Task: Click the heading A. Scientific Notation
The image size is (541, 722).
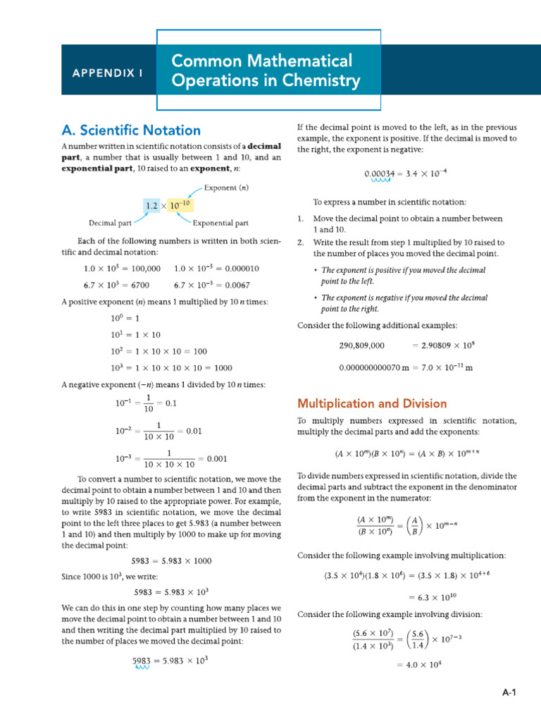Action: click(131, 130)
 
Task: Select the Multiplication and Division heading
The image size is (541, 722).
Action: click(372, 404)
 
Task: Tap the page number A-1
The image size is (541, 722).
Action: click(509, 693)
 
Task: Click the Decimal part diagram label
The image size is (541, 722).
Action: click(111, 224)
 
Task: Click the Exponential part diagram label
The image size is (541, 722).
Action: click(220, 224)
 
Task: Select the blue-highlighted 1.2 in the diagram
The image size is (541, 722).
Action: click(152, 206)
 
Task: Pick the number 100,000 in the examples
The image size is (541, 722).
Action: click(141, 269)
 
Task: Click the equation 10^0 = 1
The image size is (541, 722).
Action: click(124, 318)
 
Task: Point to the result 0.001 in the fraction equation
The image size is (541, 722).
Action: click(216, 458)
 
